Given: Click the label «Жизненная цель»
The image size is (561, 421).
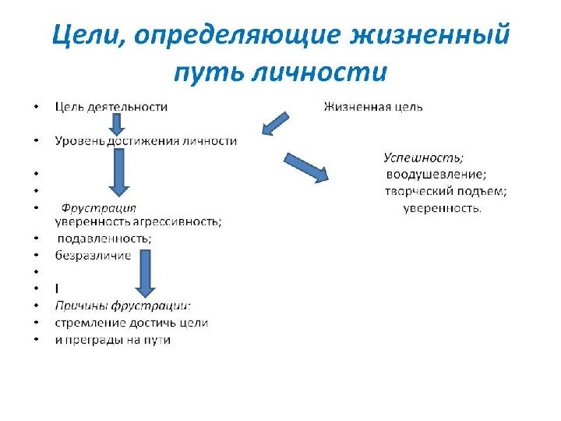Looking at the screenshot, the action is coord(373,107).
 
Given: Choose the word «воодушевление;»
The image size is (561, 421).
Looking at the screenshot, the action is coord(436,174).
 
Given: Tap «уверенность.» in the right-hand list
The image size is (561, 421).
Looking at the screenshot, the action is coord(443,208).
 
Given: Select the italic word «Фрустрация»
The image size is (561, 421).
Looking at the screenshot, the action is coord(99,208).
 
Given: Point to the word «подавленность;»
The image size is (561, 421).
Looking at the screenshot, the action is coord(104,239).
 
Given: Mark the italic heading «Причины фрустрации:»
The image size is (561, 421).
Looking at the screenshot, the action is coord(123,306).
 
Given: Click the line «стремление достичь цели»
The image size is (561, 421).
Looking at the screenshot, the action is coord(132,323).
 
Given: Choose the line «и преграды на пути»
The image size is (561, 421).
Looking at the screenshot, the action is coord(113,340).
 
